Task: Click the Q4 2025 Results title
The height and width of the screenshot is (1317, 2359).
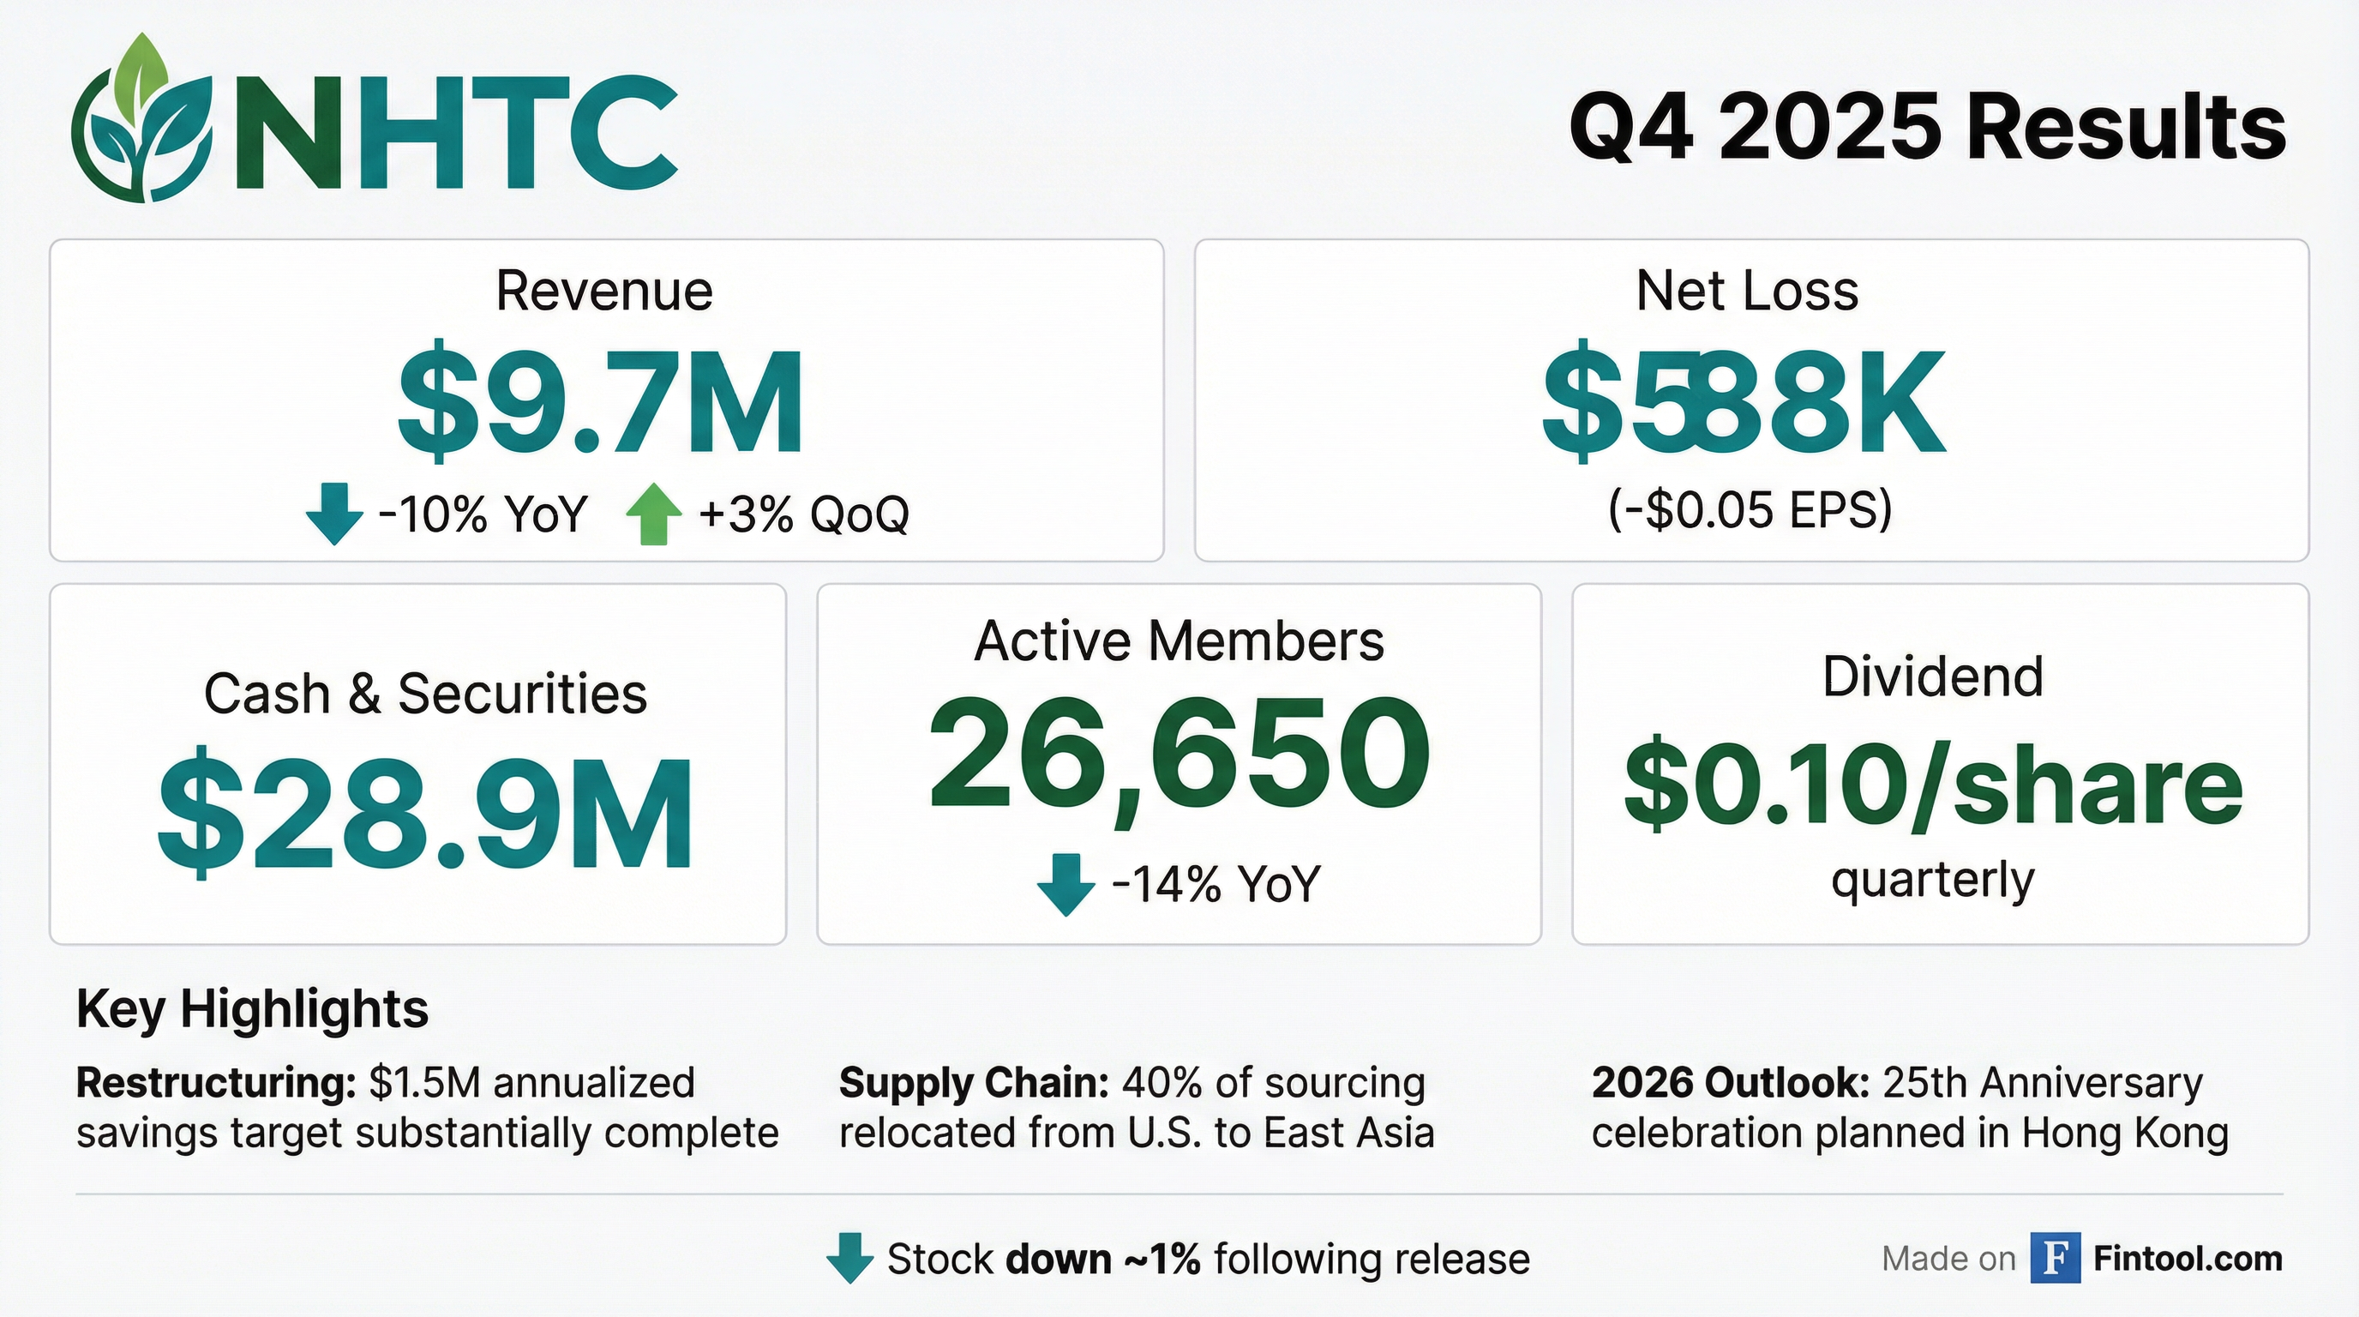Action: (1927, 129)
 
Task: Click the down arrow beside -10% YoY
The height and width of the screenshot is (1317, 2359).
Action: (334, 514)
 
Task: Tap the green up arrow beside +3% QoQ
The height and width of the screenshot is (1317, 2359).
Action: (653, 514)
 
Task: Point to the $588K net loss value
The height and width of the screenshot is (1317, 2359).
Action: (1744, 404)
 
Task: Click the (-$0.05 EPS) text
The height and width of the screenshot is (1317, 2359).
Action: (1749, 509)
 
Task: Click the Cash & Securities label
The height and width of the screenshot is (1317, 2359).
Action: (425, 694)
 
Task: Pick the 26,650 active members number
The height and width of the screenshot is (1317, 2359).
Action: (1179, 755)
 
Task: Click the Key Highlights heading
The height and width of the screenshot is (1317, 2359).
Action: (253, 1009)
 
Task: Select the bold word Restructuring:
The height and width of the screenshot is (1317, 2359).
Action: (216, 1083)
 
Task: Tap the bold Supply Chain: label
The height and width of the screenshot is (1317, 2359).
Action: (974, 1083)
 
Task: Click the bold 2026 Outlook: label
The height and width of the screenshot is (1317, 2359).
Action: (1730, 1083)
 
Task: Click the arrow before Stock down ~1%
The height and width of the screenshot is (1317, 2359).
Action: (849, 1259)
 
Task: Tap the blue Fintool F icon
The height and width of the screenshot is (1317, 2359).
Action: (2055, 1259)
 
